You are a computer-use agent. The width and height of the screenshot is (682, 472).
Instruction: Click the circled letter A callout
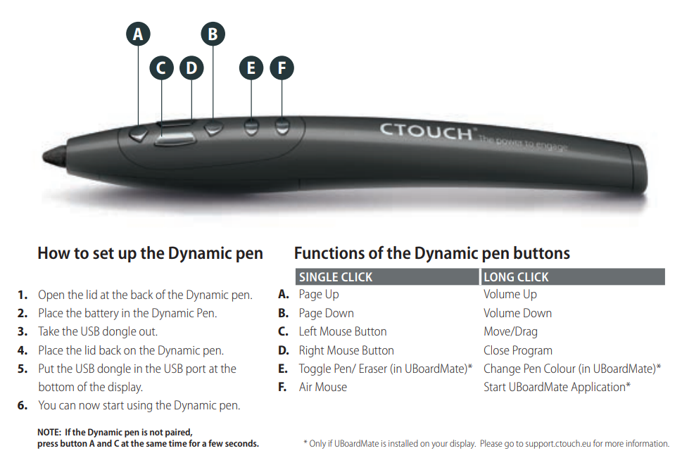point(139,34)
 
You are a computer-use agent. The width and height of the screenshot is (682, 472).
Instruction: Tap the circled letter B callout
point(213,34)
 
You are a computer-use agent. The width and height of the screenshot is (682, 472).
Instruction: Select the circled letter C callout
point(161,68)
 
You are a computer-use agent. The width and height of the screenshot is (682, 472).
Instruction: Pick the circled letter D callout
point(192,68)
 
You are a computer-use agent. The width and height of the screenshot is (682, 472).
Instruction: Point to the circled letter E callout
point(251,68)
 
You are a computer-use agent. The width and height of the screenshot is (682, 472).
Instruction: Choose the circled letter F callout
point(282,68)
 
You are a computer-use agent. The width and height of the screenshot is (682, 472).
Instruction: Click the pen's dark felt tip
point(54,155)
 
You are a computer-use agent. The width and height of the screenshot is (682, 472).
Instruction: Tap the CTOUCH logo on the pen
point(427,132)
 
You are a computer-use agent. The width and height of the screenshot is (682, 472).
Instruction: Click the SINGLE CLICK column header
point(335,277)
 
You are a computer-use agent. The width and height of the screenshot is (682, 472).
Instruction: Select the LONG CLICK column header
point(516,277)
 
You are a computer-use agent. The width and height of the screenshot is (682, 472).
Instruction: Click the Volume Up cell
point(510,294)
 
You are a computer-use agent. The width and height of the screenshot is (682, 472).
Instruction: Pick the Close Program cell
point(517,350)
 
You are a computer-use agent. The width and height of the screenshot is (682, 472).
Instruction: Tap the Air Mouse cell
point(323,387)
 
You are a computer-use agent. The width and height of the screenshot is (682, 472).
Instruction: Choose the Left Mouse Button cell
point(342,331)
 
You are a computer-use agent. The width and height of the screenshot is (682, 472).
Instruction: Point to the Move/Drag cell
point(510,331)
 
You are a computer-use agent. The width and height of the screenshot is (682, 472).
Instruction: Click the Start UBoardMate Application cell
point(557,387)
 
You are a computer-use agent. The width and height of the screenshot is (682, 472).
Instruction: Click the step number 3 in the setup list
point(23,331)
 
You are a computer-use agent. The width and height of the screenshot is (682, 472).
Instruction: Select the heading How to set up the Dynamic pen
point(150,253)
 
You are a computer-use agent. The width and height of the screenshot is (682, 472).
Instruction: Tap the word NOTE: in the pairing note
point(49,433)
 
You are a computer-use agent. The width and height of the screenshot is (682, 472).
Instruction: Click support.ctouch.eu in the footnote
point(557,444)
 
